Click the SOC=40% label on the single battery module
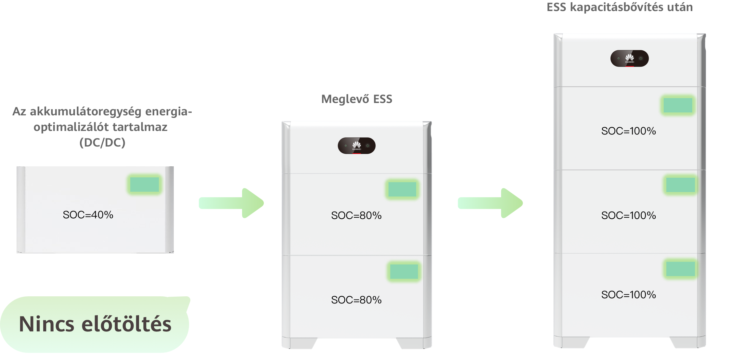click(x=88, y=215)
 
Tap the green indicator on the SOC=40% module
click(x=145, y=185)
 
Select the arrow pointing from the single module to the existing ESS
click(x=231, y=203)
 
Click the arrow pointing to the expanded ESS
click(x=490, y=203)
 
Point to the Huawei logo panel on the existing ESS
click(x=357, y=146)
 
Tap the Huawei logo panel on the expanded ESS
click(x=630, y=58)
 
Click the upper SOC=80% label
click(x=356, y=215)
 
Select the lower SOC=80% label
click(x=356, y=300)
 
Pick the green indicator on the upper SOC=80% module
click(x=402, y=189)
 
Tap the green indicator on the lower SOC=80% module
click(x=404, y=271)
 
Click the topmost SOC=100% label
click(x=629, y=131)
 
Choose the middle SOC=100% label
click(x=629, y=215)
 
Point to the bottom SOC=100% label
click(x=629, y=295)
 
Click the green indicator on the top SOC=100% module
click(x=678, y=105)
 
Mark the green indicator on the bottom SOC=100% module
click(x=681, y=269)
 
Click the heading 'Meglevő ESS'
click(x=357, y=99)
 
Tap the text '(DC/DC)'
click(x=102, y=142)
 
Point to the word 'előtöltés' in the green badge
click(x=126, y=324)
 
